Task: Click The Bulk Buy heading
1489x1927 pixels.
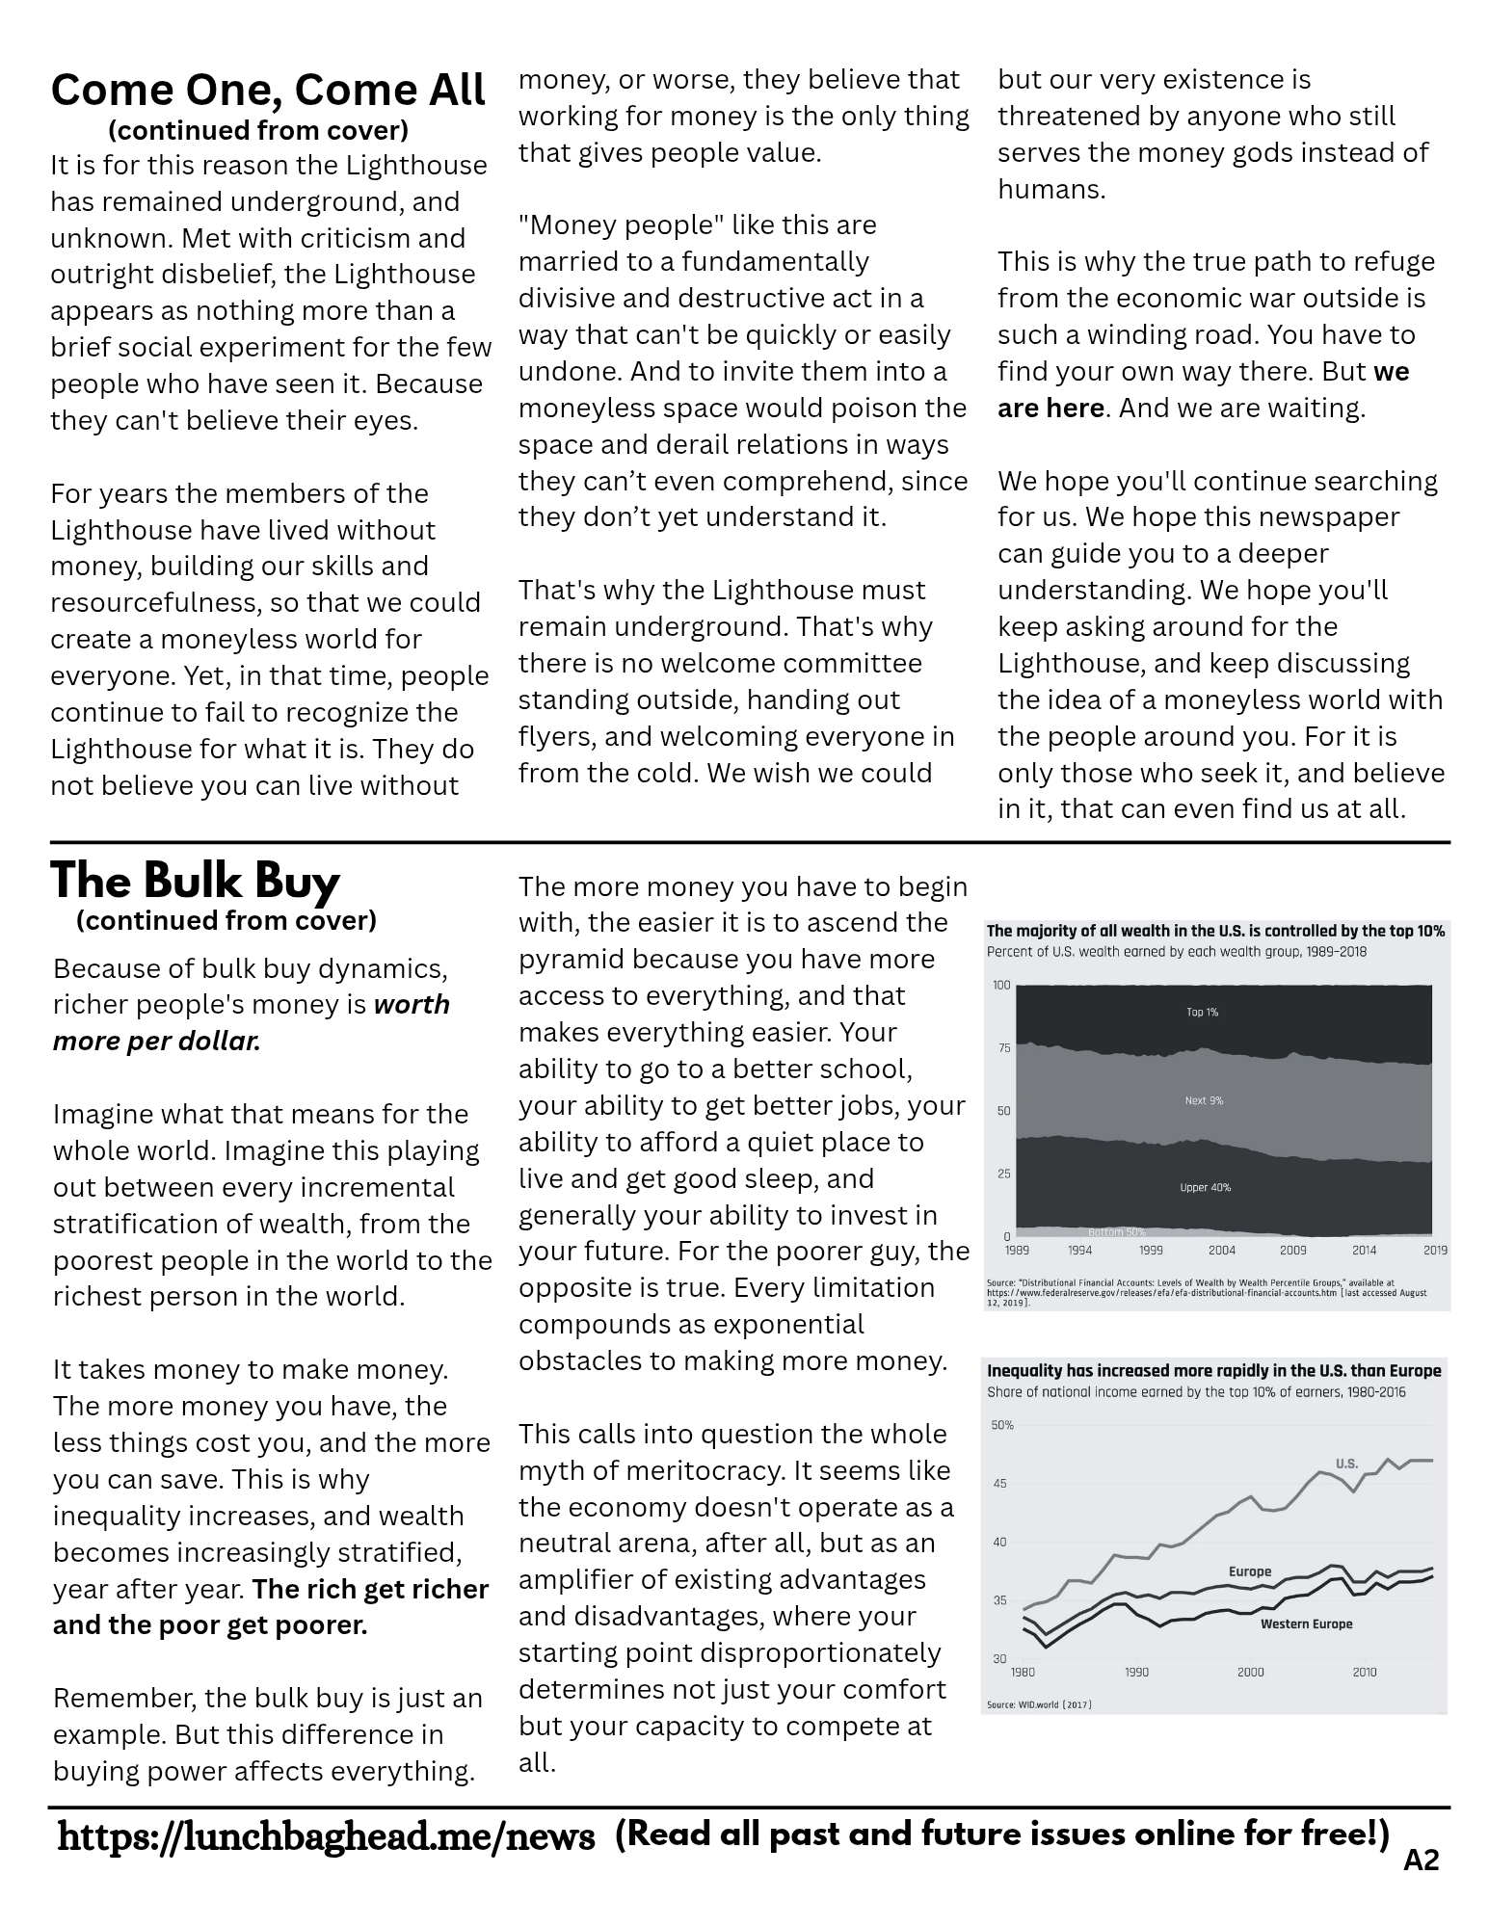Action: [x=195, y=881]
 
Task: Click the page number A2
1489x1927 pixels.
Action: [x=1421, y=1861]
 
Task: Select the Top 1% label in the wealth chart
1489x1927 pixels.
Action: [x=1202, y=1013]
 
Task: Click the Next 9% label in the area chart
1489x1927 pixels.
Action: [x=1204, y=1100]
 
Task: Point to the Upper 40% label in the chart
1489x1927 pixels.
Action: [x=1205, y=1187]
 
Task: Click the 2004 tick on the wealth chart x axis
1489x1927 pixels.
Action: [x=1221, y=1251]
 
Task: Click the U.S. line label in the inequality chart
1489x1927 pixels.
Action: [x=1346, y=1464]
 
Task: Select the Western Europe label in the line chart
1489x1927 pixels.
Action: [x=1306, y=1623]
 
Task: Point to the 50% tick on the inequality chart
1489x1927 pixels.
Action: [x=1002, y=1424]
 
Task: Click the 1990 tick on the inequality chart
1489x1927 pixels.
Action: [x=1136, y=1672]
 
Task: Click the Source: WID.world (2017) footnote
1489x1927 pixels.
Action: [x=1039, y=1704]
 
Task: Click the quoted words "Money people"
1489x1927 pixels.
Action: [x=601, y=225]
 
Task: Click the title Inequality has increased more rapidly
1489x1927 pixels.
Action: [x=1213, y=1370]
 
